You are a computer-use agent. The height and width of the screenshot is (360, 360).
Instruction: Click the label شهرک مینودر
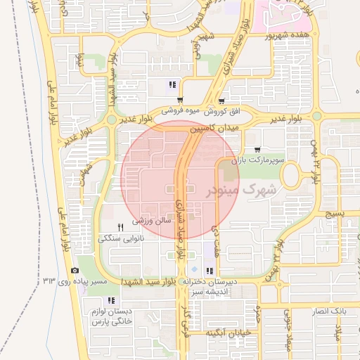[x=239, y=190]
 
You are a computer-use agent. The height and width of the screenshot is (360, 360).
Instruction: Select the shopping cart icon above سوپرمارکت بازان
[x=259, y=149]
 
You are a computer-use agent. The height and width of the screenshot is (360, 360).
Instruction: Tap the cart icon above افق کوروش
[x=222, y=101]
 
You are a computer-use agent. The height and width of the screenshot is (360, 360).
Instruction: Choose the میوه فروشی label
[x=182, y=111]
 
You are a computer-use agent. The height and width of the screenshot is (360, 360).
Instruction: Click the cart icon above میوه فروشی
[x=181, y=100]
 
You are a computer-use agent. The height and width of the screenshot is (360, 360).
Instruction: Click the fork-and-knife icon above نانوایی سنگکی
[x=121, y=226]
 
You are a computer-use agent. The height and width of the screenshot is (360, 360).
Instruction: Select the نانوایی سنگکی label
[x=123, y=239]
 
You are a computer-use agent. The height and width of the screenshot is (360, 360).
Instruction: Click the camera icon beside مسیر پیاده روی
[x=75, y=271]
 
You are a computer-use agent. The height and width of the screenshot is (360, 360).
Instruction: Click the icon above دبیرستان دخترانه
[x=209, y=271]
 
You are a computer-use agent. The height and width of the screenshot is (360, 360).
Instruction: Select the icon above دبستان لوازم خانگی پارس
[x=111, y=300]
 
